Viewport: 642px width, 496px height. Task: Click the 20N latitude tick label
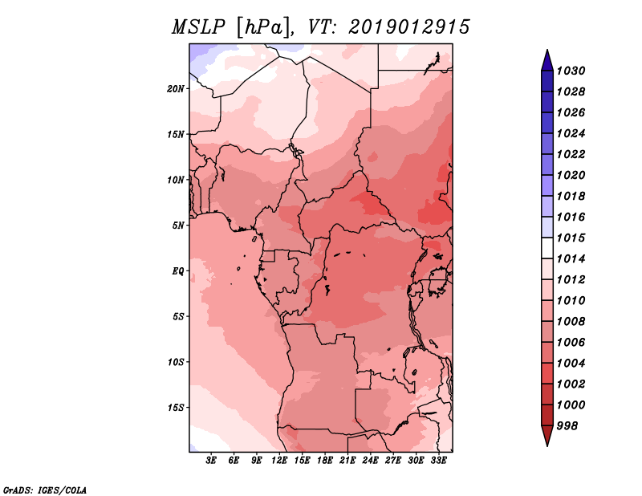pyautogui.click(x=176, y=89)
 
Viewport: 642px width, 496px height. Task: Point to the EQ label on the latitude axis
pyautogui.click(x=178, y=271)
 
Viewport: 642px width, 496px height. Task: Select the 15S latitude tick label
pyautogui.click(x=176, y=408)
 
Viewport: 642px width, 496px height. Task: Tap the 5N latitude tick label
pyautogui.click(x=178, y=226)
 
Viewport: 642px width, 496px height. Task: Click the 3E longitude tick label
pyautogui.click(x=211, y=461)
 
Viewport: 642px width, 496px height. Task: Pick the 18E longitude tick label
pyautogui.click(x=325, y=461)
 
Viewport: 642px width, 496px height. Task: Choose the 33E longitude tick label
pyautogui.click(x=438, y=461)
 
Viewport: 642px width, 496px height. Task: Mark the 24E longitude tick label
pyautogui.click(x=370, y=461)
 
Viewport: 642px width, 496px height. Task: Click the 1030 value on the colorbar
pyautogui.click(x=571, y=71)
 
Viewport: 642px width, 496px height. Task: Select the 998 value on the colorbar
pyautogui.click(x=567, y=426)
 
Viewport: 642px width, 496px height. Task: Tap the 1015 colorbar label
pyautogui.click(x=571, y=238)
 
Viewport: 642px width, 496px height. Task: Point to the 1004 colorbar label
pyautogui.click(x=571, y=364)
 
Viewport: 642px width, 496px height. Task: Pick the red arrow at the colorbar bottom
pyautogui.click(x=547, y=435)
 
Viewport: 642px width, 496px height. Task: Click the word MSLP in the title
pyautogui.click(x=198, y=27)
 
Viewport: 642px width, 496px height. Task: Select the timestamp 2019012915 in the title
pyautogui.click(x=409, y=27)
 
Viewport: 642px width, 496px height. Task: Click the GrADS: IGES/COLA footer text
pyautogui.click(x=45, y=490)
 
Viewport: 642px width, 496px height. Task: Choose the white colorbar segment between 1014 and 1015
pyautogui.click(x=547, y=248)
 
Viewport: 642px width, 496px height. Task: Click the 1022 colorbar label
pyautogui.click(x=571, y=154)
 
